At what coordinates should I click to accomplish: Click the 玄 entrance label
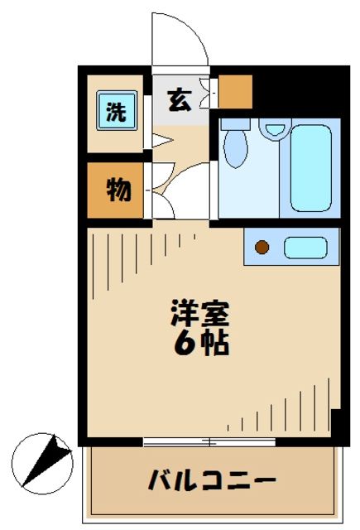point(178,100)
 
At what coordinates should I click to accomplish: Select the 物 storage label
point(117,190)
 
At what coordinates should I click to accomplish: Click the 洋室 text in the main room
point(199,314)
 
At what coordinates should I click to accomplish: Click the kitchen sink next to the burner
point(305,247)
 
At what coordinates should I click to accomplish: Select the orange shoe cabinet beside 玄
point(235,92)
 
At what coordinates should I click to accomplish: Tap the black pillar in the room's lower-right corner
point(336,422)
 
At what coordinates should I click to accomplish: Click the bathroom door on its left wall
point(214,170)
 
